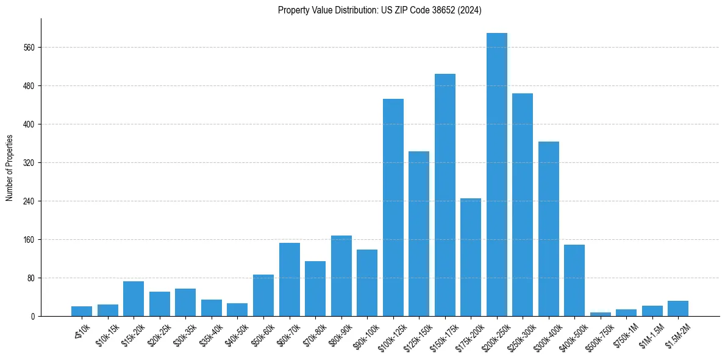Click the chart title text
(379, 10)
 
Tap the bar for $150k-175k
(445, 195)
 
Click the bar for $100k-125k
(393, 207)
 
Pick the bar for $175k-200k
(471, 257)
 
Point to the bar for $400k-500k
(574, 280)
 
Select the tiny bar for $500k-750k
(601, 314)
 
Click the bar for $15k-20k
(134, 298)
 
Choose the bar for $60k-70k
(290, 279)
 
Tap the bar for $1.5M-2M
(678, 308)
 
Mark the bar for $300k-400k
(549, 229)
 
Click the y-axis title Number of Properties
(10, 167)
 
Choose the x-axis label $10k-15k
(107, 334)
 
